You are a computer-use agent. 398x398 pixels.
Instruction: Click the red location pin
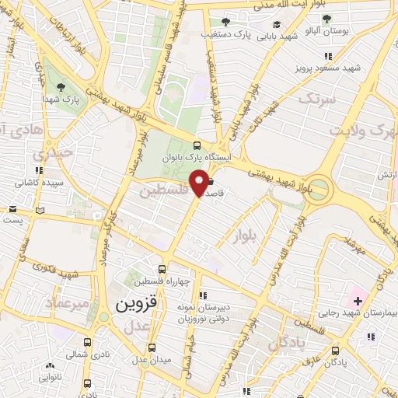[199, 183]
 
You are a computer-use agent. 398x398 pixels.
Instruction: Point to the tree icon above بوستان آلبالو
[326, 19]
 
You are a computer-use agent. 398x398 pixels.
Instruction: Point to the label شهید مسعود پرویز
[327, 68]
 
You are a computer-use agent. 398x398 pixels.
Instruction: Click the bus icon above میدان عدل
[152, 347]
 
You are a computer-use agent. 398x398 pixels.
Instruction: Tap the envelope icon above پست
[12, 209]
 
